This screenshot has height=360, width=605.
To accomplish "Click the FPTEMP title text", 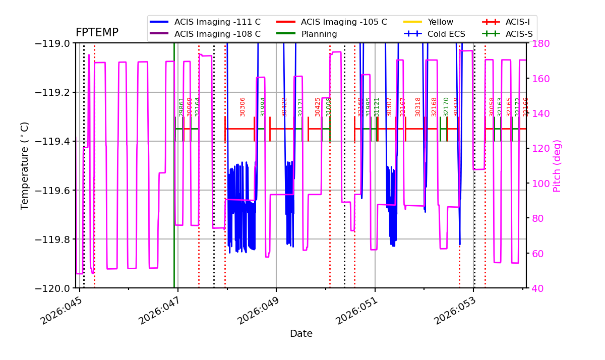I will pyautogui.click(x=97, y=33).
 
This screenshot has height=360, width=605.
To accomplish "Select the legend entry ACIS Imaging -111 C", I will pyautogui.click(x=217, y=22).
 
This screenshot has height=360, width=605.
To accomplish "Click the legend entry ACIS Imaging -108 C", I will pyautogui.click(x=217, y=34).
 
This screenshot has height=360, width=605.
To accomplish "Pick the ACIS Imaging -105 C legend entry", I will pyautogui.click(x=344, y=22).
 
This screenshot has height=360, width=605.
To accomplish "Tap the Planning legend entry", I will pyautogui.click(x=319, y=34).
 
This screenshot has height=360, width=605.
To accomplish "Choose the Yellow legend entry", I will pyautogui.click(x=440, y=22).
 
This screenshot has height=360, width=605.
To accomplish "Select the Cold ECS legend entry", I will pyautogui.click(x=446, y=34).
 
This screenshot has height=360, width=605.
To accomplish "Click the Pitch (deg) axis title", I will pyautogui.click(x=557, y=165).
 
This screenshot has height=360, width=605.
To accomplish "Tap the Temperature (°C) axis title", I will pyautogui.click(x=25, y=165).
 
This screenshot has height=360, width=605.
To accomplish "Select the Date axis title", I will pyautogui.click(x=301, y=334).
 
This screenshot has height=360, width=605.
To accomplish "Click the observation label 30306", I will pyautogui.click(x=243, y=107).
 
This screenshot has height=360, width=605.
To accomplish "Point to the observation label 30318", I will pyautogui.click(x=418, y=107).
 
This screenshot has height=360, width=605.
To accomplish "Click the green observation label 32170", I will pyautogui.click(x=446, y=107).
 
